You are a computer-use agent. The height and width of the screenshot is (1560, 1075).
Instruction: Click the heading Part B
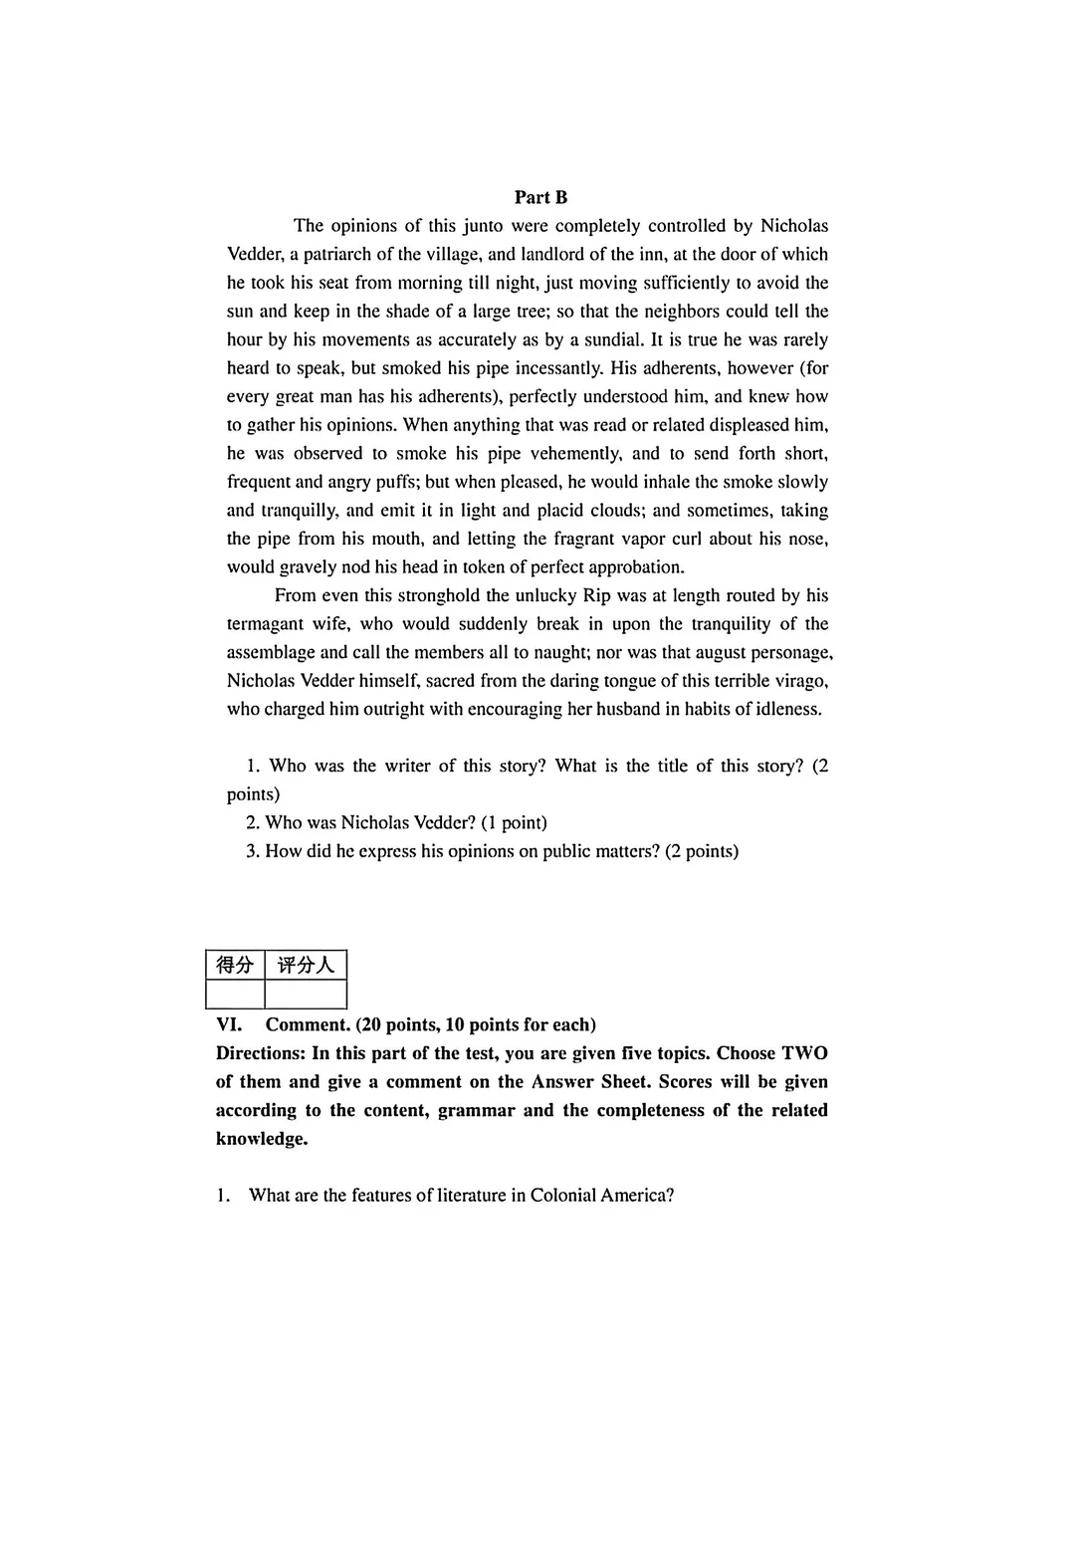tap(540, 197)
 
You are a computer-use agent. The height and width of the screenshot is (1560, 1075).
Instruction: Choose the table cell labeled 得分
tap(235, 965)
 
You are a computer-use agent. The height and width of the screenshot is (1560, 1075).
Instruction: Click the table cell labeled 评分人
tap(306, 965)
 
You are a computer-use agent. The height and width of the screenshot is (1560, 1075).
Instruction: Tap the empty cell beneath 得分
tap(235, 994)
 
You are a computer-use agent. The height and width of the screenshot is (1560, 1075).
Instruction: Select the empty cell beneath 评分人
tap(306, 994)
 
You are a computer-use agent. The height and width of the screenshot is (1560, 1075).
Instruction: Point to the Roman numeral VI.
tap(229, 1024)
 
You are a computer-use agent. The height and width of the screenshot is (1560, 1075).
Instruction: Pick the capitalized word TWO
tap(804, 1053)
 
